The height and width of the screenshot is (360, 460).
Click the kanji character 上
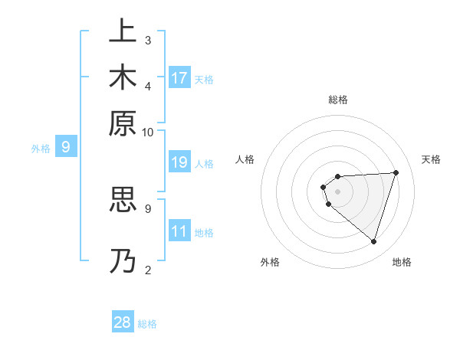point(122,31)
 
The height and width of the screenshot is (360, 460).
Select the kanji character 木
point(122,77)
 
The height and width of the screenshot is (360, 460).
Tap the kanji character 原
point(122,123)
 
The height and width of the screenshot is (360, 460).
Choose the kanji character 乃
point(122,260)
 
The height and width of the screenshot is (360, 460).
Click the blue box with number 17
point(179,78)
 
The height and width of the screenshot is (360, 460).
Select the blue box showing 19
point(179,162)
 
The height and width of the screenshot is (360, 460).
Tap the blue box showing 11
point(179,231)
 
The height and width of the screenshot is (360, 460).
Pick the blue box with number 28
point(123,322)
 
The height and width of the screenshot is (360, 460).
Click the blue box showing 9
point(66,147)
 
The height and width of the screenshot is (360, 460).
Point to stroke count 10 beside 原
point(148,132)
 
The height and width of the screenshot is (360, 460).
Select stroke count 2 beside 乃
point(148,269)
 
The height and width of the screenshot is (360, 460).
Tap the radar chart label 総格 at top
point(337,100)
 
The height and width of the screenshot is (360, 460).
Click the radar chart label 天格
point(431,159)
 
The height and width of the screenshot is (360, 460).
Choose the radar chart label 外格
point(269,262)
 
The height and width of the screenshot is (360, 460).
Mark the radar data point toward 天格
point(396,172)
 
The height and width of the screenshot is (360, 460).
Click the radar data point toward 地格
point(373,241)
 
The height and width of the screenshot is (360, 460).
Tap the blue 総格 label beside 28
point(147,324)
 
